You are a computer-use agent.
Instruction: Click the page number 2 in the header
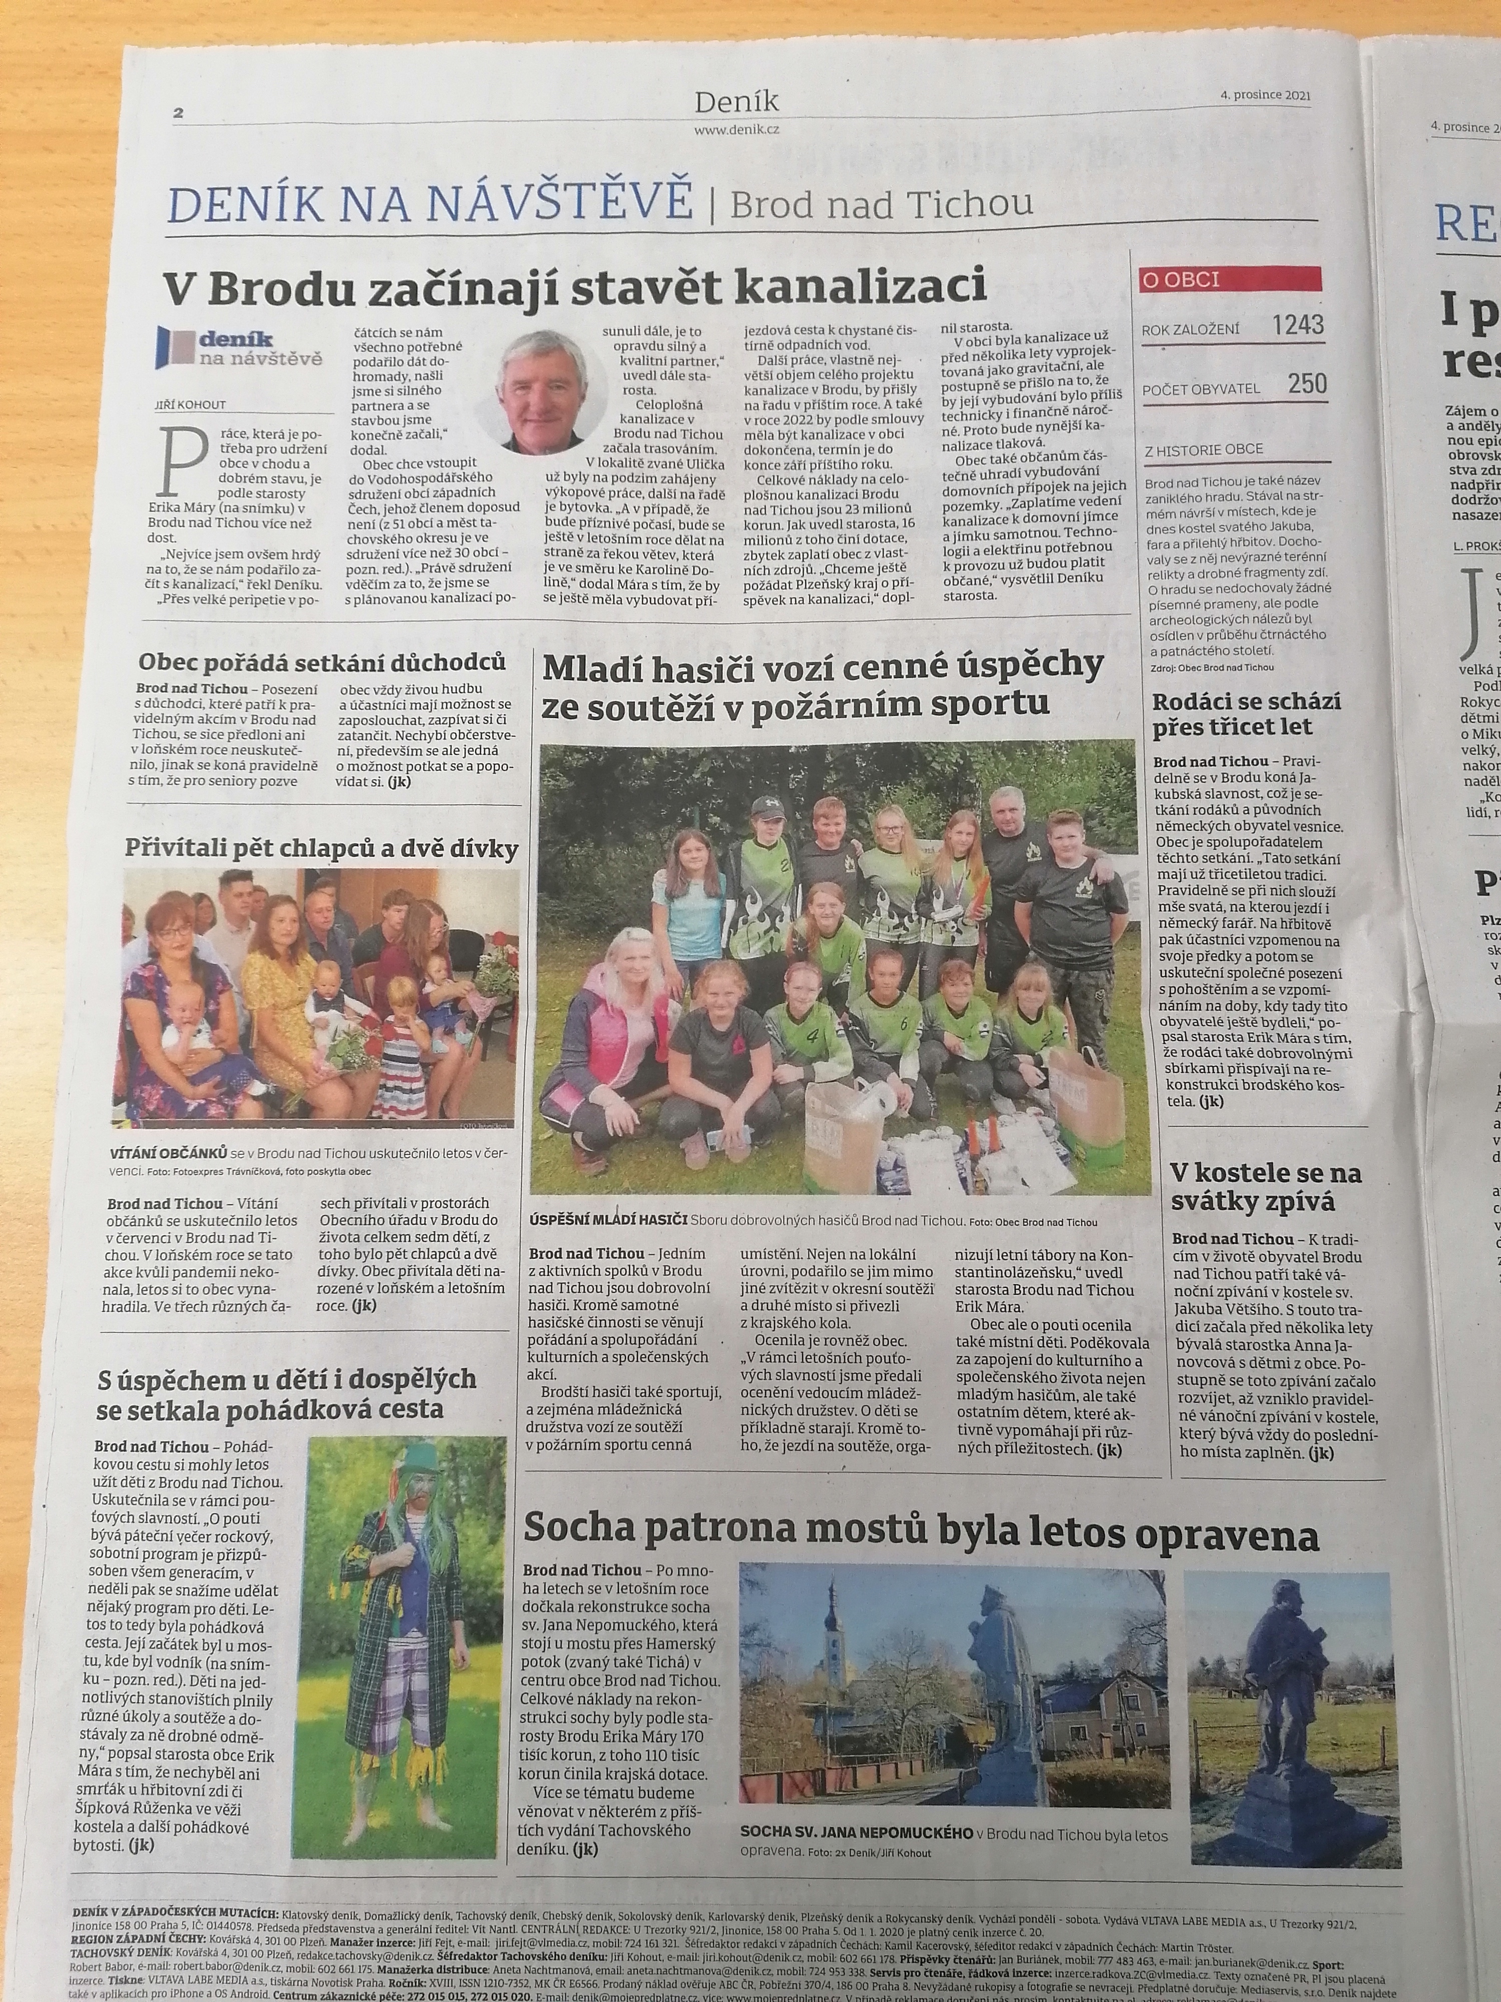click(x=178, y=113)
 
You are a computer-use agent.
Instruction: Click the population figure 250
click(x=1307, y=384)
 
